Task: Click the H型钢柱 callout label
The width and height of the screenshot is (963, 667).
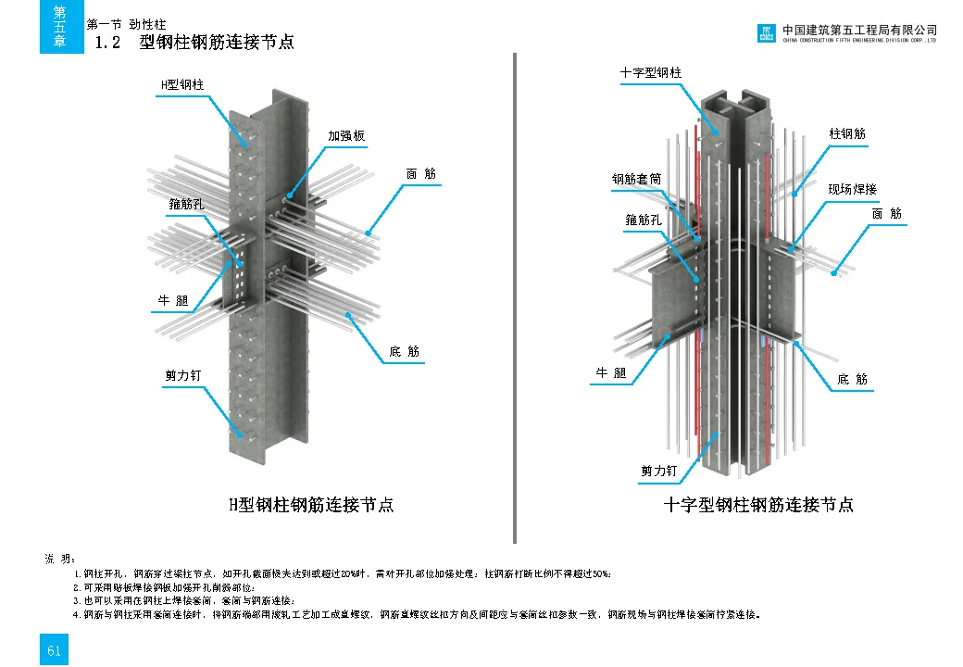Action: (x=182, y=84)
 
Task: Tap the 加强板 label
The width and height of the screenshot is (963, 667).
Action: (x=346, y=135)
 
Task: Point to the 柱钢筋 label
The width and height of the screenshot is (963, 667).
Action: (x=847, y=133)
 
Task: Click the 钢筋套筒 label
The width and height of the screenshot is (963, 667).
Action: (x=636, y=179)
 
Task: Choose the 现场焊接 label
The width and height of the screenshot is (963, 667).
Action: (x=852, y=189)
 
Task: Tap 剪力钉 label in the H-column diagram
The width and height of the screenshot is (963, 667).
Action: (x=182, y=375)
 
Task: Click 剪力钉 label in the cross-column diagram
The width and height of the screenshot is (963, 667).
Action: (x=659, y=471)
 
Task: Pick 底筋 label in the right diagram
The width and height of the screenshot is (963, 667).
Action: (x=852, y=379)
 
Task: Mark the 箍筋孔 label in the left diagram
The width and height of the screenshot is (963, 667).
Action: (x=187, y=201)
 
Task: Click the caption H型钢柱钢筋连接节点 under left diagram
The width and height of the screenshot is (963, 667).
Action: (x=311, y=505)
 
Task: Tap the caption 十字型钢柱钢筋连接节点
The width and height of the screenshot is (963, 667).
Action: (x=758, y=505)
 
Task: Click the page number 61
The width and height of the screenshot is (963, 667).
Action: (x=55, y=650)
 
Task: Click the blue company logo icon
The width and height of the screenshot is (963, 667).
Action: (x=766, y=33)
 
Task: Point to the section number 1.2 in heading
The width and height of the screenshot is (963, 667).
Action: (x=108, y=43)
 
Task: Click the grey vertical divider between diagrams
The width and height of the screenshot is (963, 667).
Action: (x=514, y=296)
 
